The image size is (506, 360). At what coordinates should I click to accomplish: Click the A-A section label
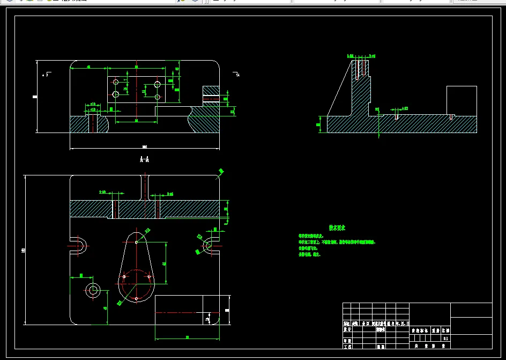point(144,159)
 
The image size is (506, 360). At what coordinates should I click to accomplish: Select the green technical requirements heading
point(337,228)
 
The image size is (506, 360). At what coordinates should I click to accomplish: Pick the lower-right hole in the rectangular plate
point(158,97)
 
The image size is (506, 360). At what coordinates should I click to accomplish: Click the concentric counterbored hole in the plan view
point(94,290)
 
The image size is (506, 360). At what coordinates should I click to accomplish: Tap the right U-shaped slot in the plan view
point(209,245)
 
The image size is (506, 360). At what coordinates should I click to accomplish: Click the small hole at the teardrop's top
point(137,242)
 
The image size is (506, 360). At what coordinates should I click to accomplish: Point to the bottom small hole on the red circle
point(137,298)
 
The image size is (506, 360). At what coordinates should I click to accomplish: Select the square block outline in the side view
point(462,100)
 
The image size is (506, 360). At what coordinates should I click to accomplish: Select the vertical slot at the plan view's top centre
point(145,187)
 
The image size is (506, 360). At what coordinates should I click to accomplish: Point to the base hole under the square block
point(452,116)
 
